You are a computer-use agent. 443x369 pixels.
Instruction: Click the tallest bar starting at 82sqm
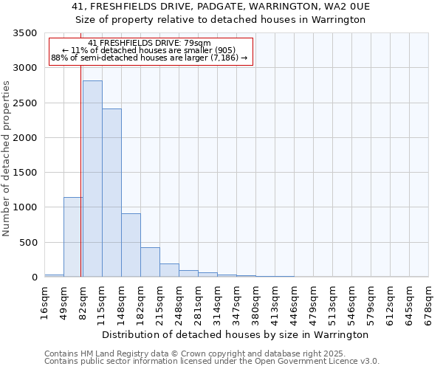[92, 179]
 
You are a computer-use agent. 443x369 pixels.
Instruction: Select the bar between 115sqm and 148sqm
[111, 193]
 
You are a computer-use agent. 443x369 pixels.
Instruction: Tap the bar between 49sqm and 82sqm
[73, 237]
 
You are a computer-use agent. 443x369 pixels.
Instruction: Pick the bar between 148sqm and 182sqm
[131, 245]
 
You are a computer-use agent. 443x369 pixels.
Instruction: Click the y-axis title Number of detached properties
[7, 159]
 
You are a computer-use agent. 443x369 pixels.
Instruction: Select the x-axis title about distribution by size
[235, 334]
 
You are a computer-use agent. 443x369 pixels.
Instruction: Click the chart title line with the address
[221, 7]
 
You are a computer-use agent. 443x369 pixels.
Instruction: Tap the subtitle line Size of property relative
[221, 20]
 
